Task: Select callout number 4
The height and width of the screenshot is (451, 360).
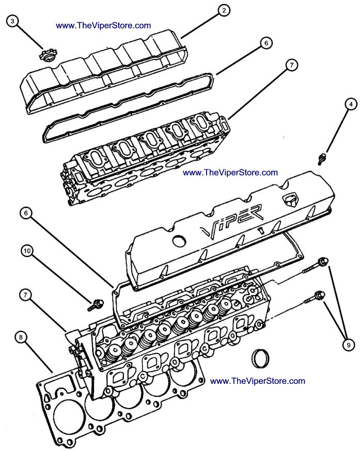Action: tap(351, 104)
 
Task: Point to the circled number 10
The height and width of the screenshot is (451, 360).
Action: tap(28, 251)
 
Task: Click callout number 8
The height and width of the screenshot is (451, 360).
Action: tap(20, 338)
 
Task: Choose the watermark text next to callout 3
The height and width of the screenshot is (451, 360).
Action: tap(103, 25)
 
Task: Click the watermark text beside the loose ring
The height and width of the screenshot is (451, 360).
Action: tap(258, 381)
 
